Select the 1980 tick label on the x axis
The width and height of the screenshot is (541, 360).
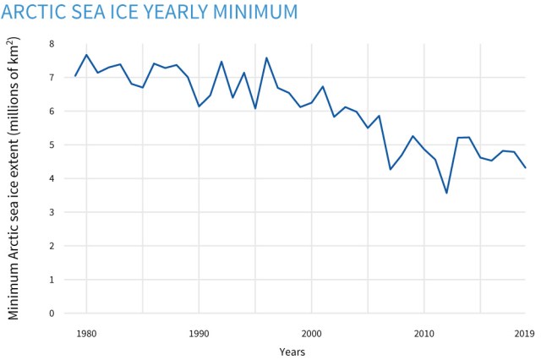click(85, 333)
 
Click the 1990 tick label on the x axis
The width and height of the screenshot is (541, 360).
click(199, 333)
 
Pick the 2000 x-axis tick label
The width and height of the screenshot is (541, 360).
click(312, 333)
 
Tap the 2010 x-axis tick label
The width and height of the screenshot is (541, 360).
click(424, 333)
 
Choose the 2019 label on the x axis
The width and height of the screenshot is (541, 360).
click(525, 333)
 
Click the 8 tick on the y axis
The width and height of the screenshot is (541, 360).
click(51, 44)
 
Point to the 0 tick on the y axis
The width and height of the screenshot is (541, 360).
click(51, 314)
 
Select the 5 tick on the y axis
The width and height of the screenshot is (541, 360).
click(51, 145)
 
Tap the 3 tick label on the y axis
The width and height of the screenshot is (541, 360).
click(51, 212)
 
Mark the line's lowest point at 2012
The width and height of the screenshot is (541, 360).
click(446, 194)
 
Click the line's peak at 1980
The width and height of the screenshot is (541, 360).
click(86, 55)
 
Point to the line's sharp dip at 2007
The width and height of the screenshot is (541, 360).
click(390, 170)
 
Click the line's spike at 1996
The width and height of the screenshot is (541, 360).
click(266, 58)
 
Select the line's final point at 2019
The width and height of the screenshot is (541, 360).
click(525, 167)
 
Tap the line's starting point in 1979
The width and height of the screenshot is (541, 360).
click(75, 76)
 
